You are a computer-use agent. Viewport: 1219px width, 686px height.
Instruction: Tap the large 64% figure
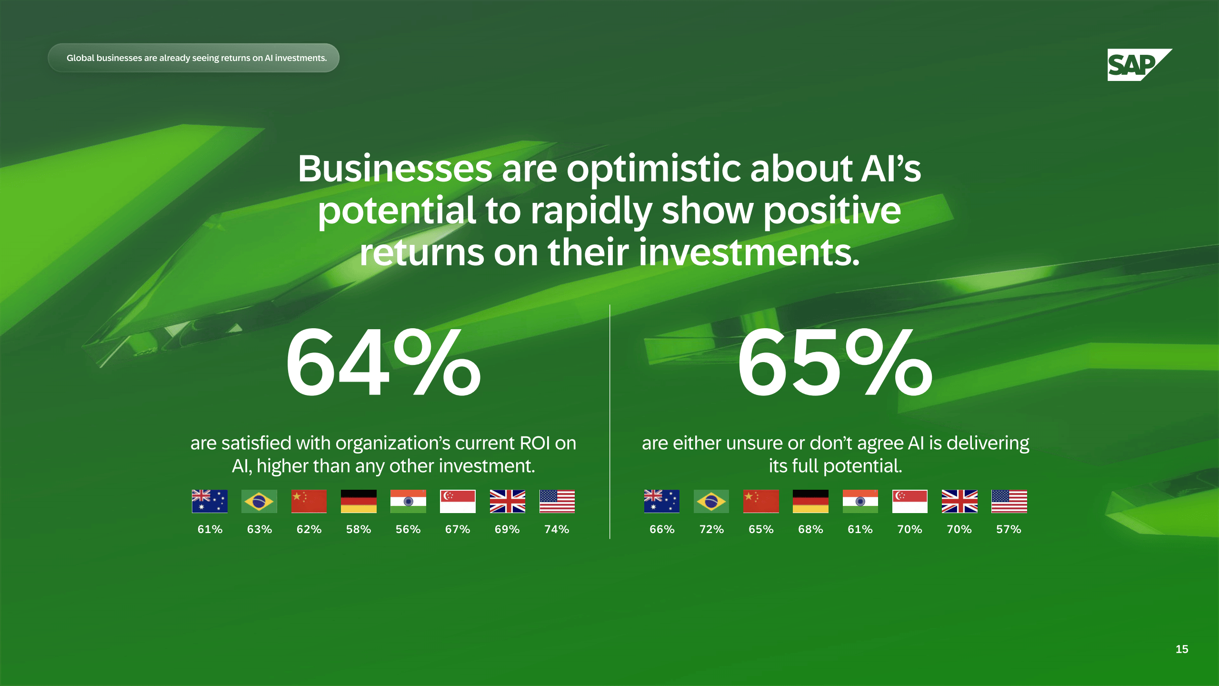pos(383,363)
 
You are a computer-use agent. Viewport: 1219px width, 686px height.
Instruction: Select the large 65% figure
pos(835,363)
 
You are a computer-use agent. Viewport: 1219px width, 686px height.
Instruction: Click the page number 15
pos(1182,649)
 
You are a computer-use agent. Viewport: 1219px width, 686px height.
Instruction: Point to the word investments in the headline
pos(749,252)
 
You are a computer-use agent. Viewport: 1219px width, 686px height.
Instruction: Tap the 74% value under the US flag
pos(557,529)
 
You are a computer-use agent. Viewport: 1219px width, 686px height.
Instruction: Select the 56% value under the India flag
pos(408,529)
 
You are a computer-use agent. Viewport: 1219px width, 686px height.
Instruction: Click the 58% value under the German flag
pos(359,529)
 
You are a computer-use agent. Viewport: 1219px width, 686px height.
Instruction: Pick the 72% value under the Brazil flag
pos(711,529)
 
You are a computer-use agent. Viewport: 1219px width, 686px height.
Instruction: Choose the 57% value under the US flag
pos(1009,529)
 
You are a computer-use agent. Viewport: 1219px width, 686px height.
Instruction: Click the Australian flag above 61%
pos(210,501)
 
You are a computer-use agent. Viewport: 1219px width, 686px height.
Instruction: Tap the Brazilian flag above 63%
pos(259,501)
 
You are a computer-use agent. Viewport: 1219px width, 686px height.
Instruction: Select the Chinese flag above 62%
pos(309,501)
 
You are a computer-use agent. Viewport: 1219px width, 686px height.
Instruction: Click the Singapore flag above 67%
pos(458,501)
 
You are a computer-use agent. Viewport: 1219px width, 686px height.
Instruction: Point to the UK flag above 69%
pos(508,501)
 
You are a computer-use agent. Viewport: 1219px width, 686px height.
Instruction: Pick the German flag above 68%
pos(810,501)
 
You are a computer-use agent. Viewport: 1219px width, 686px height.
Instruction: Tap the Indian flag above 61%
pos(860,501)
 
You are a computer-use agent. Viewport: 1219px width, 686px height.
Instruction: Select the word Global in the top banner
pos(80,58)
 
